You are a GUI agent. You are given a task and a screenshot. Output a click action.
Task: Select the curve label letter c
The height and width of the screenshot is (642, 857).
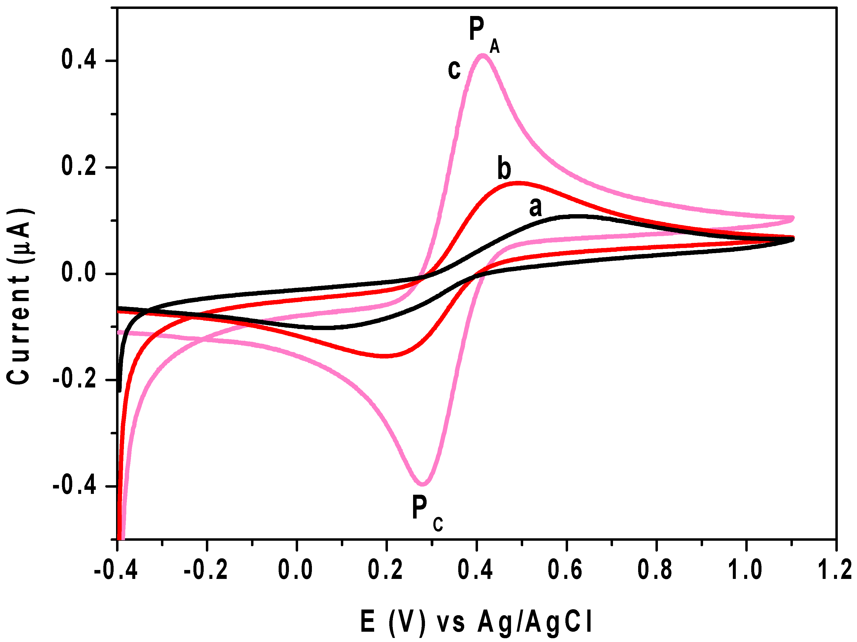point(454,70)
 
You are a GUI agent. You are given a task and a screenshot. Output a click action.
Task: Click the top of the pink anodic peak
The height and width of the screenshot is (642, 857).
point(482,56)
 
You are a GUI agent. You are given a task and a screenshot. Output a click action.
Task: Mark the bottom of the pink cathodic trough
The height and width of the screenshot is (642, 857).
point(423,484)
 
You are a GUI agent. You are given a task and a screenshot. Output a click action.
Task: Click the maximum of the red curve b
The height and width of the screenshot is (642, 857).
point(517,183)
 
